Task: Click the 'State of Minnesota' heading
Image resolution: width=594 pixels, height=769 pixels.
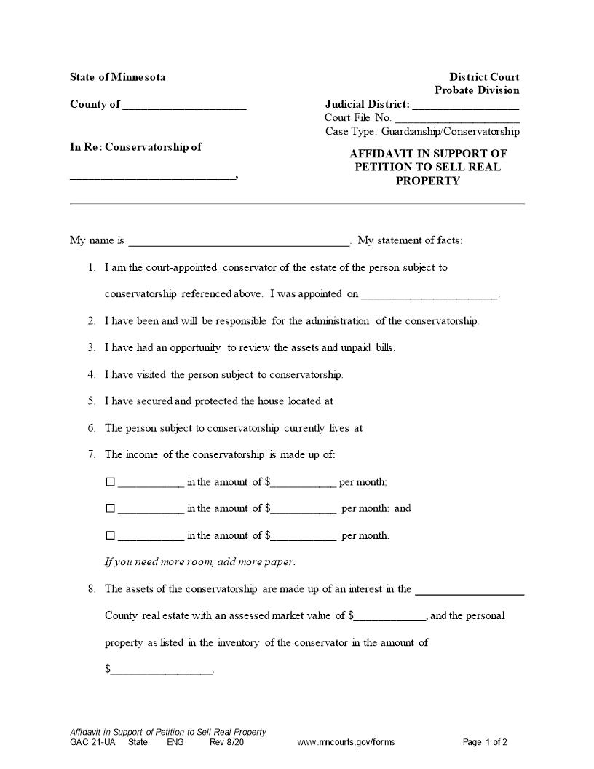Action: click(x=117, y=77)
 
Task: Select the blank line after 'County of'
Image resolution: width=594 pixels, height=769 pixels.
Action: click(x=184, y=106)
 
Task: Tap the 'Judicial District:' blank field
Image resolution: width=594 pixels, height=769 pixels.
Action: click(x=465, y=106)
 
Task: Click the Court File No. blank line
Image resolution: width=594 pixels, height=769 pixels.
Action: click(x=457, y=119)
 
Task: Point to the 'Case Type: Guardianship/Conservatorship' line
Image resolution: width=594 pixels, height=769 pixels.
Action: click(x=422, y=132)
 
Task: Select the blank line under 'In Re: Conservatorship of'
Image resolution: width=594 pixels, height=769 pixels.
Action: click(x=153, y=177)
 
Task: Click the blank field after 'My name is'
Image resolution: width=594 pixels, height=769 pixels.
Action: click(x=239, y=242)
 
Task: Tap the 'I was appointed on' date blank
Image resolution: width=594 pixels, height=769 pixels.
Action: click(x=429, y=296)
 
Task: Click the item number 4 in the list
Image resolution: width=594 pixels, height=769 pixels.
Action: click(x=92, y=374)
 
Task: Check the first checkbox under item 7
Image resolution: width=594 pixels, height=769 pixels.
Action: click(x=111, y=482)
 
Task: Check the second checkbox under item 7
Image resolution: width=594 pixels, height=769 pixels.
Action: click(x=111, y=509)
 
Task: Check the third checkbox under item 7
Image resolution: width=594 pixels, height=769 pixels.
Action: click(x=111, y=536)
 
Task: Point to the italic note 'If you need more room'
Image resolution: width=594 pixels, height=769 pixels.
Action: click(x=200, y=562)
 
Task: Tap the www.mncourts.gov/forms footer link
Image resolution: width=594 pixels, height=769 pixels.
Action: click(x=346, y=743)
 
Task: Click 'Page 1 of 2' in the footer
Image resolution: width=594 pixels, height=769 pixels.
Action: click(x=485, y=743)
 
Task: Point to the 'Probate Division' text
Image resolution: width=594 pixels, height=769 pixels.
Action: click(x=477, y=90)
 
